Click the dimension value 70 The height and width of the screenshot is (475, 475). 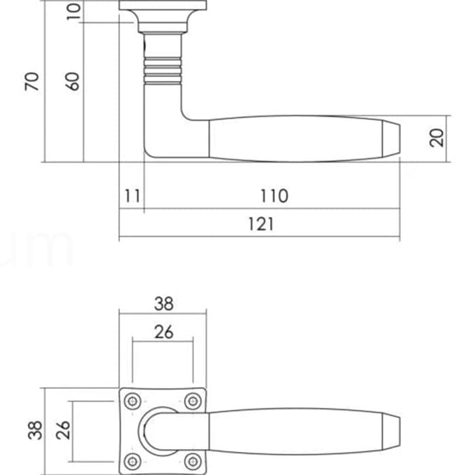32,81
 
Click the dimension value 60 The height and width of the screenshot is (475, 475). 73,81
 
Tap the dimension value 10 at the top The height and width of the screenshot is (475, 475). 73,12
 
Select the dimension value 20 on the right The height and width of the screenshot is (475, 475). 437,138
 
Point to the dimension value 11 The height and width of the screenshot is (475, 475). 132,195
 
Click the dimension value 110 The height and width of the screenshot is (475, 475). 274,195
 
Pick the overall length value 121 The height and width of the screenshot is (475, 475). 261,224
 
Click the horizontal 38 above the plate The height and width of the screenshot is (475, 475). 164,303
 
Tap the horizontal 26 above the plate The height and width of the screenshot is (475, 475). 164,332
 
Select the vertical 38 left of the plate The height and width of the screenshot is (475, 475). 35,430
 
